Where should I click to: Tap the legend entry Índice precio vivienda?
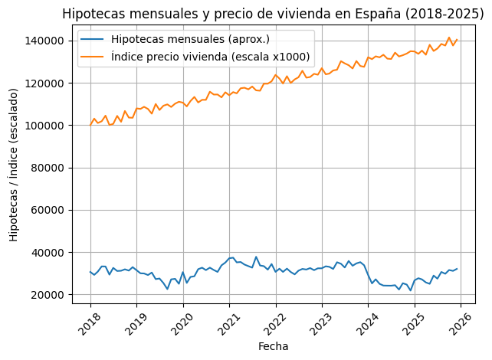[210, 56]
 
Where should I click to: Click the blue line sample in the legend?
[93, 40]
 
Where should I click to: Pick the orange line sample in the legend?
[93, 56]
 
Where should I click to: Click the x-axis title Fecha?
[274, 346]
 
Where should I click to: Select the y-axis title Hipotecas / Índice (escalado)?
[14, 165]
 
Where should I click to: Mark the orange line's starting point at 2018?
[90, 125]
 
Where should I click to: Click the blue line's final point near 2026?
[457, 269]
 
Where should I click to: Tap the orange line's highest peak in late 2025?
[449, 38]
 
